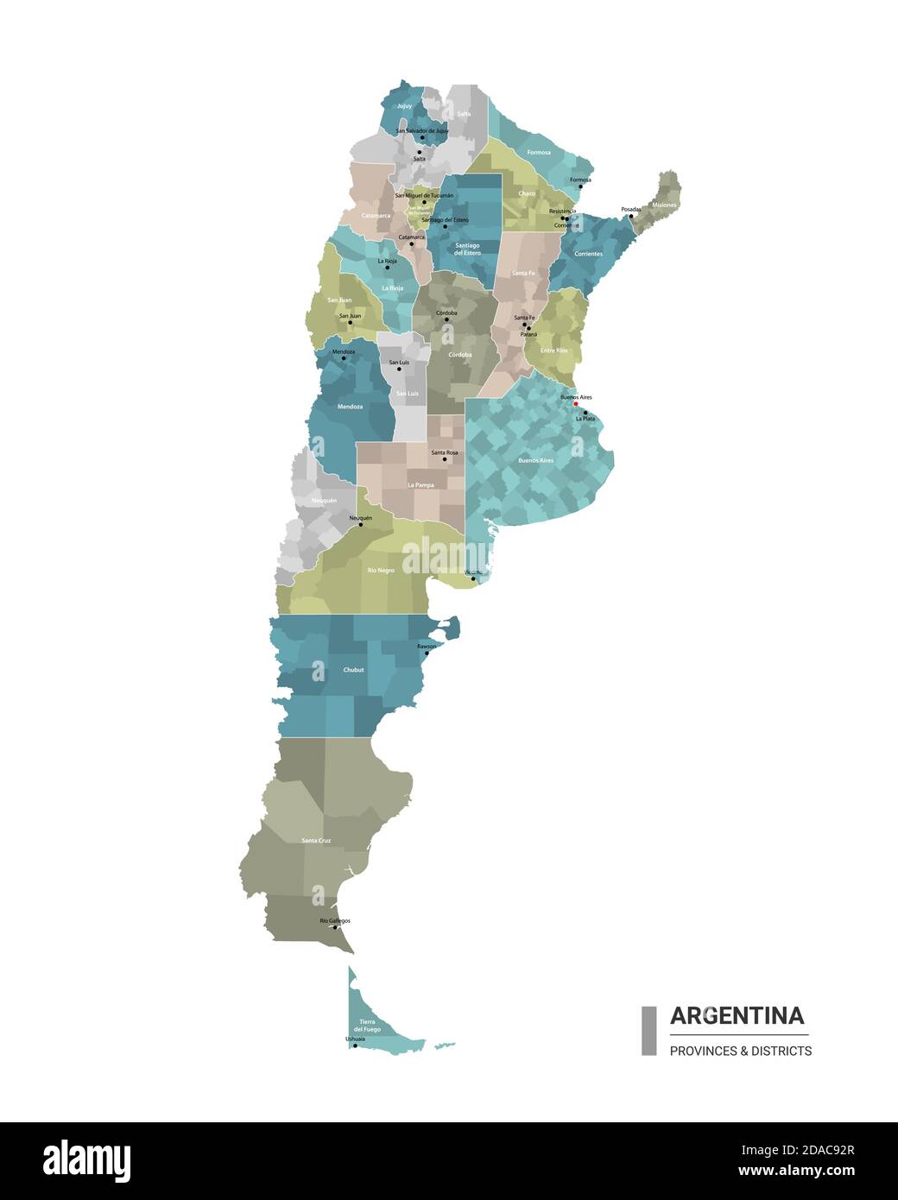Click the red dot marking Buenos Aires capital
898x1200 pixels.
[x=576, y=403]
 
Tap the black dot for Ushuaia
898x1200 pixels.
[x=355, y=1045]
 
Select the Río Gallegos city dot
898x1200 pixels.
[x=335, y=927]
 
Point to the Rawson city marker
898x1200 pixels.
[x=427, y=653]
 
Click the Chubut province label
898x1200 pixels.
[x=353, y=670]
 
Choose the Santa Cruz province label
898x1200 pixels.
[x=316, y=840]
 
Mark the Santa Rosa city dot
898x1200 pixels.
[x=445, y=459]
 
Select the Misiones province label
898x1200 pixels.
[x=664, y=205]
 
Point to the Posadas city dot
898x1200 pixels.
[x=630, y=216]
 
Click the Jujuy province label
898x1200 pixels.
[x=404, y=106]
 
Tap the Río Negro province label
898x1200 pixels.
[x=381, y=571]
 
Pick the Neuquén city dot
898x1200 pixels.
[x=361, y=524]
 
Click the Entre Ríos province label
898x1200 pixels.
[x=554, y=351]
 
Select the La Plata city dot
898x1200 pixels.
[x=585, y=414]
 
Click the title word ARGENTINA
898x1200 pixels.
[x=737, y=1015]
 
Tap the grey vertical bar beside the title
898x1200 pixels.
[x=648, y=1030]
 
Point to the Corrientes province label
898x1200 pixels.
[x=588, y=254]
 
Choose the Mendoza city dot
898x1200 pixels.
[x=344, y=358]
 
